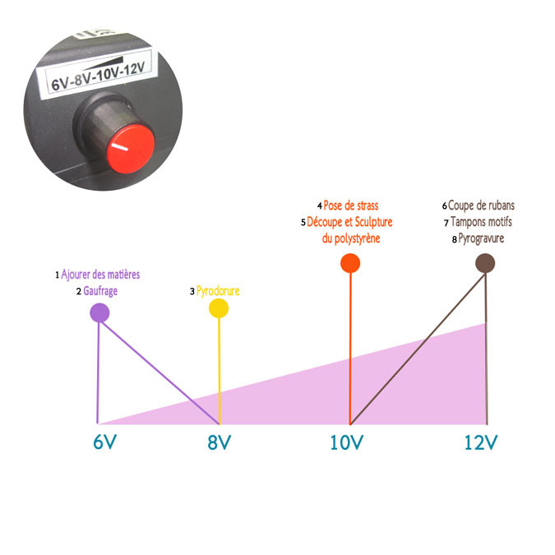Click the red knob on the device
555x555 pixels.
131,149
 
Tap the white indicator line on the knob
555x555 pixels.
119,146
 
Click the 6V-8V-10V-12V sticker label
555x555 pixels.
96,73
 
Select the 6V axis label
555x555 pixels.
104,442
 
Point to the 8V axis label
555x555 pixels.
219,442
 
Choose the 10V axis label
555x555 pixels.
346,442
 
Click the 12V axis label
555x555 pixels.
481,442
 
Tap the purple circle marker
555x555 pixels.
99,312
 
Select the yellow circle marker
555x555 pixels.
219,308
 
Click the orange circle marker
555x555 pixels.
350,263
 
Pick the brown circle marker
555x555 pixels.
485,263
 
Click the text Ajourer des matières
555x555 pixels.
100,275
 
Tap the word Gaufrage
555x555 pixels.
100,291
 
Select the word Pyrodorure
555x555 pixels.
218,291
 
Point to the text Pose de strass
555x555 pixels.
351,206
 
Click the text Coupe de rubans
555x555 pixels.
481,206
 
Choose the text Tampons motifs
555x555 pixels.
481,222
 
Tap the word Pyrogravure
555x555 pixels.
481,238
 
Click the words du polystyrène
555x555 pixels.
351,238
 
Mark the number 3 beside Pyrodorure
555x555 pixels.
192,291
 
